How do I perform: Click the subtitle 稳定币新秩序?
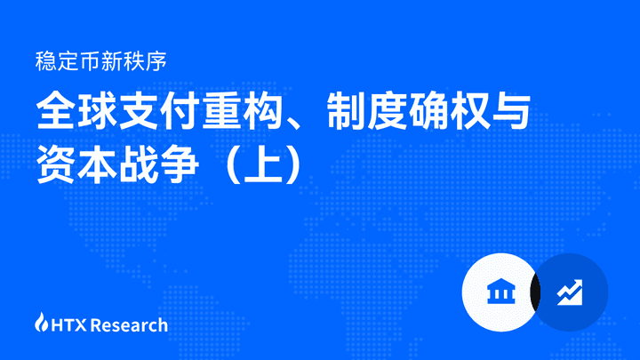100,61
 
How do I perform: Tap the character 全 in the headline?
56,111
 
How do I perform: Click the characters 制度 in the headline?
367,111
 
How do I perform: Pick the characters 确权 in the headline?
450,111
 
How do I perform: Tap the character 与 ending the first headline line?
511,111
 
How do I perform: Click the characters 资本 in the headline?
76,164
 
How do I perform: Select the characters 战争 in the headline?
159,164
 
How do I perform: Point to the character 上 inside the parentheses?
263,164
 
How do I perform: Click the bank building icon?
501,292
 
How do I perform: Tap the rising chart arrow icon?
570,292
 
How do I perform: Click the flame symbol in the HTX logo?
41,322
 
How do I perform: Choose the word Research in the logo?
129,325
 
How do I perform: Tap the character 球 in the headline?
98,111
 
